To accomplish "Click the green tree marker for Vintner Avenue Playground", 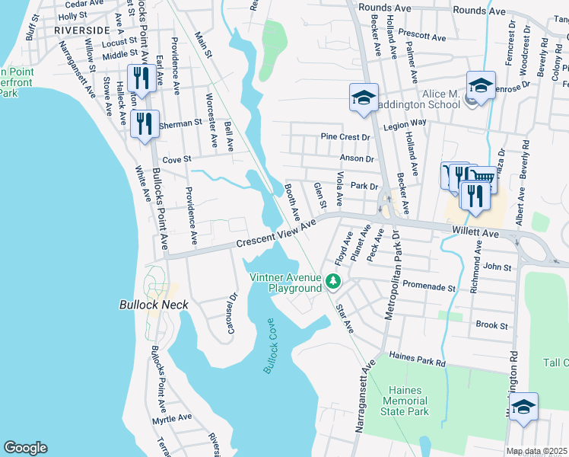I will click(x=332, y=282).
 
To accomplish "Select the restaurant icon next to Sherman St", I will click(x=144, y=124).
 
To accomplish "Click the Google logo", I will click(x=25, y=448).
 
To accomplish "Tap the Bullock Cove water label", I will click(x=270, y=345).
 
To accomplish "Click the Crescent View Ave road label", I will click(x=275, y=235).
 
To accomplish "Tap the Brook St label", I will click(x=491, y=325).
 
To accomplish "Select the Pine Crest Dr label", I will click(x=344, y=137).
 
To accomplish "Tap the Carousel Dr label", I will click(x=233, y=314).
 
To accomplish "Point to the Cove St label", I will click(x=176, y=159).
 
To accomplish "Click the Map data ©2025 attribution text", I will click(x=537, y=451).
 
